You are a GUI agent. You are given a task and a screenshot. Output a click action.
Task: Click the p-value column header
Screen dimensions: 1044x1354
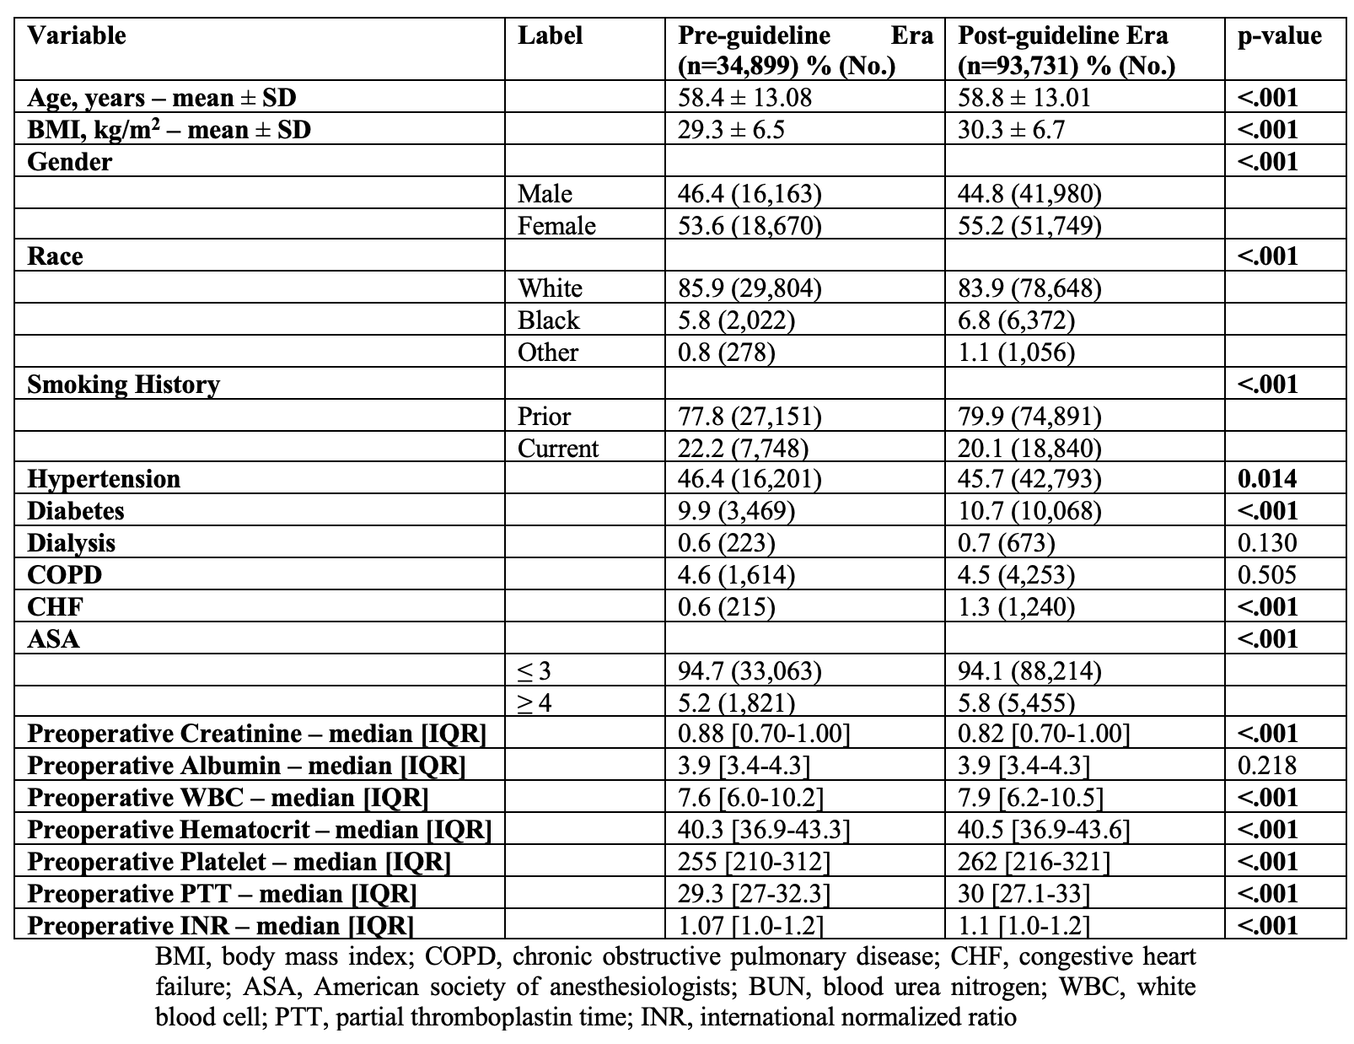click(1278, 36)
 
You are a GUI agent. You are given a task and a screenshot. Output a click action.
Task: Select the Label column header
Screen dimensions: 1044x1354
click(550, 36)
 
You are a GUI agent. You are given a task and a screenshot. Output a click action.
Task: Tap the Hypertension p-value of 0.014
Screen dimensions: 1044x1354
click(1267, 479)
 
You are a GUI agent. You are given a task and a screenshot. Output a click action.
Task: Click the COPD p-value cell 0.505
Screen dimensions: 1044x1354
click(1266, 575)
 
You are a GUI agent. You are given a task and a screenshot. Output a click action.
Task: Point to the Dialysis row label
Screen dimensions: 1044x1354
click(72, 543)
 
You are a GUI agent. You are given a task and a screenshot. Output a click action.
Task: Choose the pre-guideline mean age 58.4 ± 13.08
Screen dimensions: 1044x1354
click(744, 98)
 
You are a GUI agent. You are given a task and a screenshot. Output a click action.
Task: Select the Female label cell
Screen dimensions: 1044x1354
click(556, 226)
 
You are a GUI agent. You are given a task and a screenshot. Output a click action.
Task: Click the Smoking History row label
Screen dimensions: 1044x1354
click(123, 385)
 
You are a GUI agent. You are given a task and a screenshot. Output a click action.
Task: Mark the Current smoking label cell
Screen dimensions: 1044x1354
click(558, 449)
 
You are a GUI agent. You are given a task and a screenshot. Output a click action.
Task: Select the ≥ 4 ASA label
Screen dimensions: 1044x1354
click(535, 703)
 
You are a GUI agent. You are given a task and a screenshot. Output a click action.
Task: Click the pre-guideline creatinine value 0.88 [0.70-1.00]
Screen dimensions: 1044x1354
click(764, 734)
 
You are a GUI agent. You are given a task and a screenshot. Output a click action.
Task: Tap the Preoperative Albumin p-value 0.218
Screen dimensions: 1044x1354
click(1266, 766)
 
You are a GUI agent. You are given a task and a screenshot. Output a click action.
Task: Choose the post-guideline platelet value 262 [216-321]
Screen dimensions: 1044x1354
click(1034, 862)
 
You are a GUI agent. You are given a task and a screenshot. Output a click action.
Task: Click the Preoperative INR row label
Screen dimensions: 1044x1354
click(220, 926)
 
